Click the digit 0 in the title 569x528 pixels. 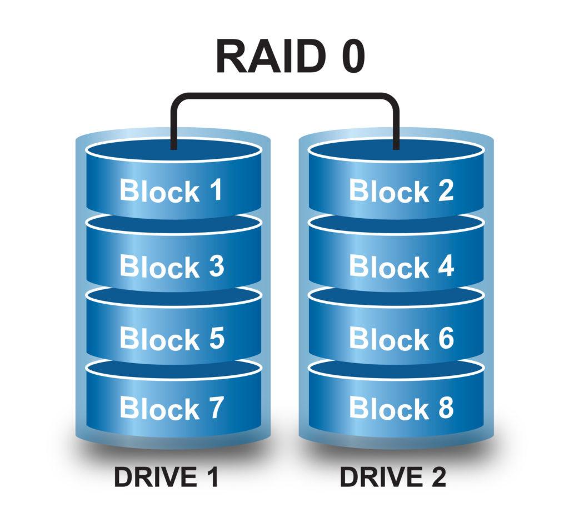[352, 56]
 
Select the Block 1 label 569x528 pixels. [171, 190]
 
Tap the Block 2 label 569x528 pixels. [401, 190]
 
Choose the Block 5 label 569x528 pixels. [171, 338]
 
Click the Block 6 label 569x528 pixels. [401, 338]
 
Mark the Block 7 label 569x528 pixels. [171, 408]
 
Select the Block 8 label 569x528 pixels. [401, 408]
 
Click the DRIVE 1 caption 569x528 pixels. [166, 477]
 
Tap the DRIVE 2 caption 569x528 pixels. [393, 477]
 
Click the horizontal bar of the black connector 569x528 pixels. [284, 96]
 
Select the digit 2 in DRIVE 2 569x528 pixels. [437, 477]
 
